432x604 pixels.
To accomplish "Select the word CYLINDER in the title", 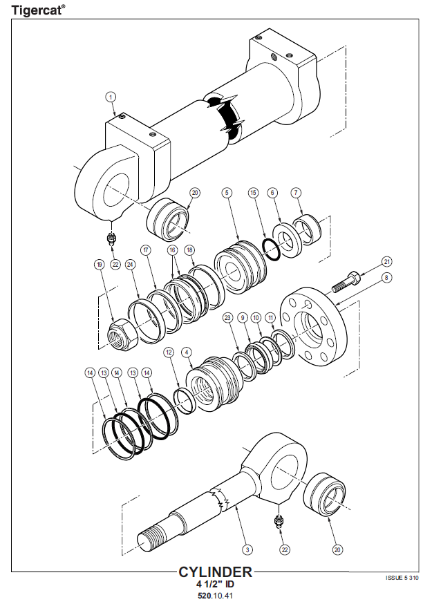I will point(215,572).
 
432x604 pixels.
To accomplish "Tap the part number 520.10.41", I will point(215,595).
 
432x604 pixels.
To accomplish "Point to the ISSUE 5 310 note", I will point(402,577).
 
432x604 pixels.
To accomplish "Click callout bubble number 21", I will point(387,261).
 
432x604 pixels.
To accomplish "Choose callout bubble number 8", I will point(387,277).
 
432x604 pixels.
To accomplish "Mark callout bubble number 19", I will point(100,264).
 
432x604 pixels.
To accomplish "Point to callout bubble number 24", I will point(130,264).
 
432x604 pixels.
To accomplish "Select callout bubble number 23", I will point(227,317).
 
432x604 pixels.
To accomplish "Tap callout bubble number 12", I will point(168,352).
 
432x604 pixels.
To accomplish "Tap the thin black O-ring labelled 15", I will point(272,248).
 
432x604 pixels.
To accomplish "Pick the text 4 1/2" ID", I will point(215,584).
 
